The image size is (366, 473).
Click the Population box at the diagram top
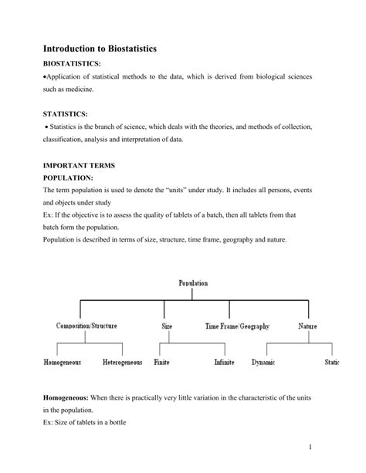pos(193,284)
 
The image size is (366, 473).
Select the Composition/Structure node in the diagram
pos(87,326)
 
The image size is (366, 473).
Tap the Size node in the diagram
pos(166,326)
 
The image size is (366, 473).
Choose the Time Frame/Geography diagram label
pos(237,326)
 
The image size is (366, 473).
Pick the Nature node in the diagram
pos(307,326)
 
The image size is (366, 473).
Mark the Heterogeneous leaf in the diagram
pos(122,362)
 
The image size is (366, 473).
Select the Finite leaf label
pos(161,362)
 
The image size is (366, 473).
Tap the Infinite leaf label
pos(225,362)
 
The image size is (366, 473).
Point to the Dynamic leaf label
pos(263,362)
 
